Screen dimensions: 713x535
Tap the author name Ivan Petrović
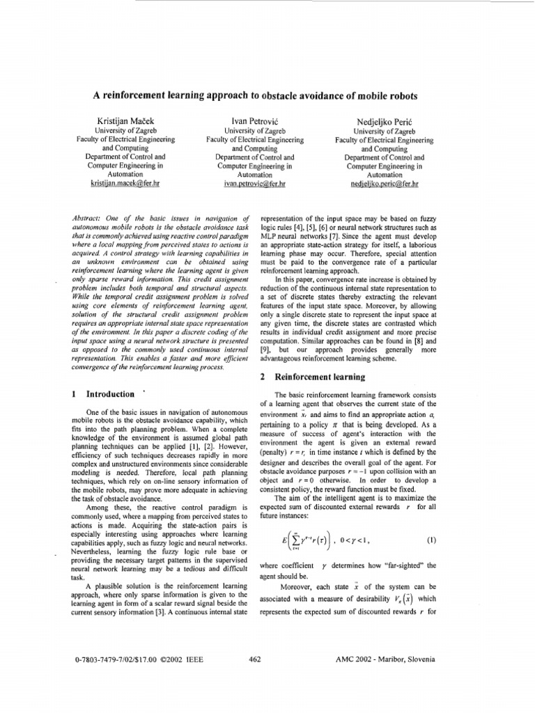click(x=249, y=121)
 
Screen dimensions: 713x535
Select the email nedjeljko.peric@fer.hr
click(x=385, y=185)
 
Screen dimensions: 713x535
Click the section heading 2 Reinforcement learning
click(x=312, y=377)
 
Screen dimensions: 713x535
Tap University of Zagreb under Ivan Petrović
click(x=249, y=131)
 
